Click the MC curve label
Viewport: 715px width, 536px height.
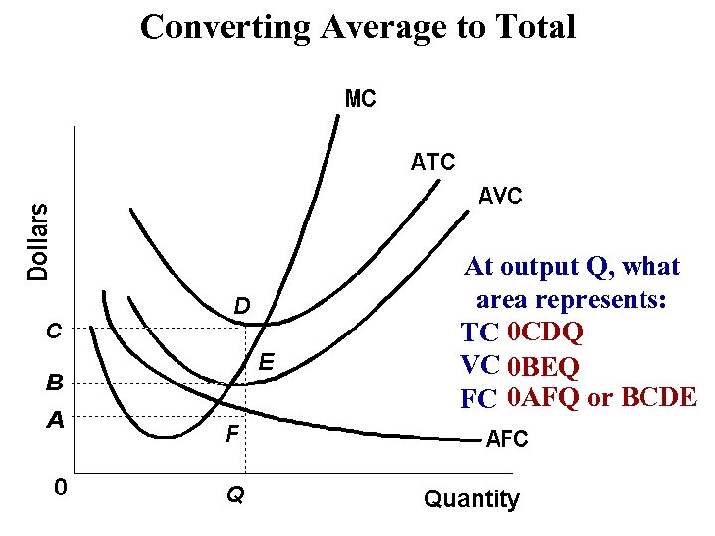360,99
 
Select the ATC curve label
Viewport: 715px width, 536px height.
433,161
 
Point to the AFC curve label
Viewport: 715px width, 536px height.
506,438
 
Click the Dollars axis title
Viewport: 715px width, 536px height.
38,240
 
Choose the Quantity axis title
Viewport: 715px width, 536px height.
472,499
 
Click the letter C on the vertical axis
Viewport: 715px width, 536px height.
56,331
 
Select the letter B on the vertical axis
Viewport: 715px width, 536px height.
56,380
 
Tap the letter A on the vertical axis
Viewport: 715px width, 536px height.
56,420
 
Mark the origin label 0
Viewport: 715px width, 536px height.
61,487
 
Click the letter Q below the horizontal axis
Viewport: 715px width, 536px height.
235,492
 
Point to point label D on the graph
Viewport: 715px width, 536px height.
241,304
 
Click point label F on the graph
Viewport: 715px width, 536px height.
230,433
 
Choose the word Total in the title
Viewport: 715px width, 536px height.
535,27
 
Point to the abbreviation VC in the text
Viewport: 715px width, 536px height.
479,364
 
